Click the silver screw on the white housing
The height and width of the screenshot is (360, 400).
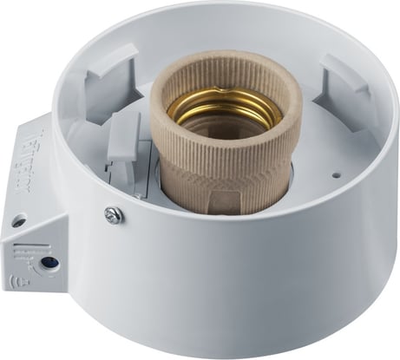111,213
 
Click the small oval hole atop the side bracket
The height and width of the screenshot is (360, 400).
16,222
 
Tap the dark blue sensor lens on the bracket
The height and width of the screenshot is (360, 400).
48,260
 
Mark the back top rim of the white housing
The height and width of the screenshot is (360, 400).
217,10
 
